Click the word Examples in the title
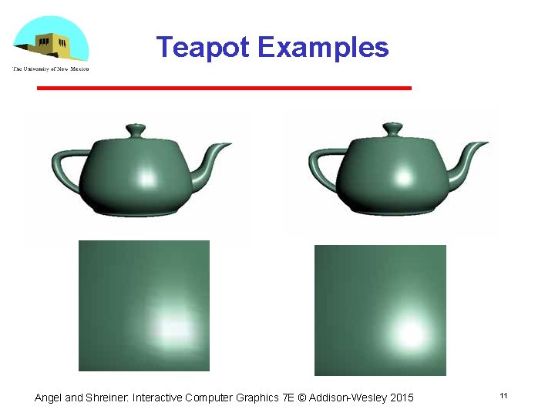[323, 48]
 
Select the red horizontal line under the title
[224, 89]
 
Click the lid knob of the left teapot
[135, 129]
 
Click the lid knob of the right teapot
[392, 129]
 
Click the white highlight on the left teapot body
[146, 179]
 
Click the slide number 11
[503, 396]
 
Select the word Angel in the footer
[49, 398]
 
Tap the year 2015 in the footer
[402, 398]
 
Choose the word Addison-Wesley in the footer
[348, 398]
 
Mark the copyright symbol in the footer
[302, 398]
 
